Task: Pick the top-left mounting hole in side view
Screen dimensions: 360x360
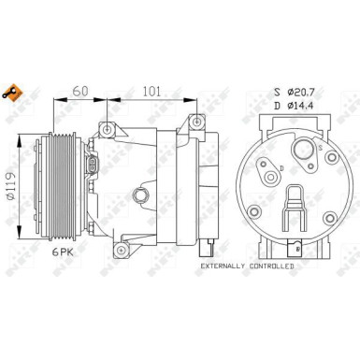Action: (x=109, y=128)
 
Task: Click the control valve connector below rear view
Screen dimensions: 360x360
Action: (x=293, y=248)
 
